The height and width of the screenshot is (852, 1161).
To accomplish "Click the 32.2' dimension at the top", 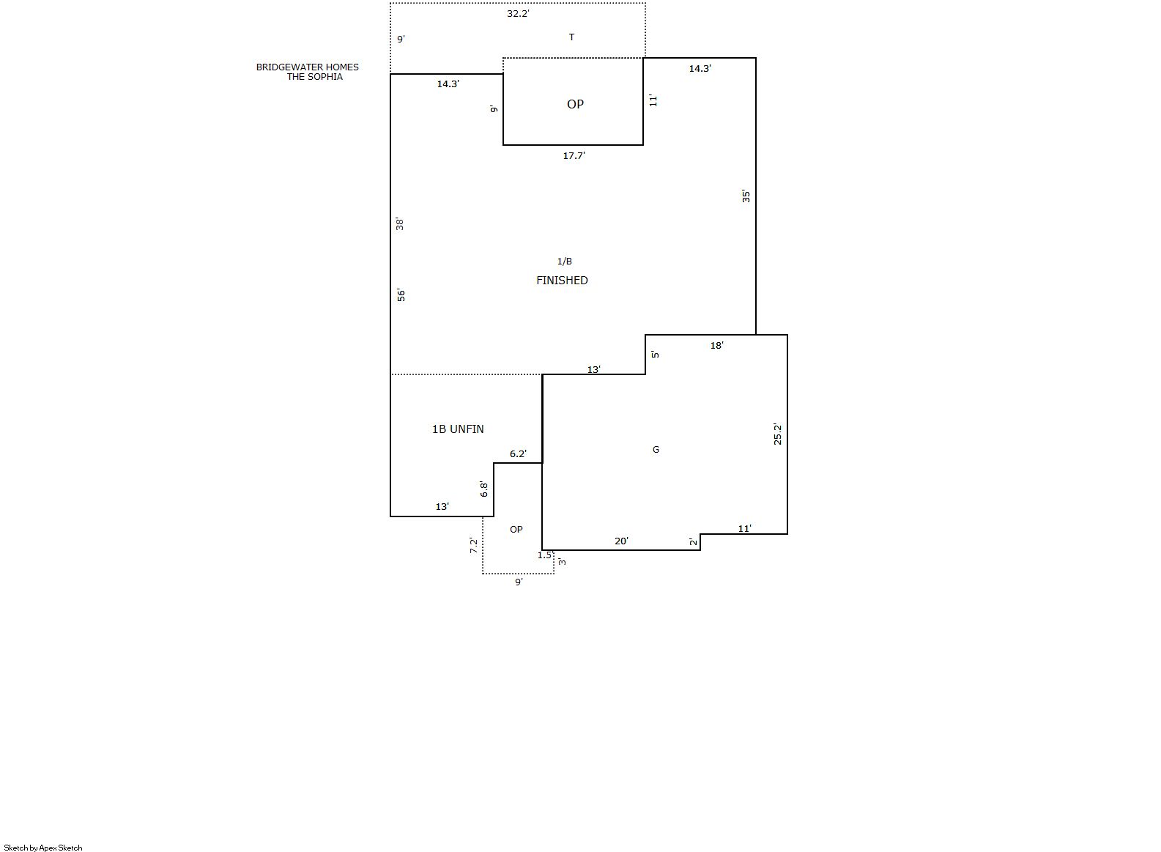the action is pyautogui.click(x=518, y=13).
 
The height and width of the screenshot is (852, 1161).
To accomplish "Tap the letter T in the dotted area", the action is pyautogui.click(x=571, y=37).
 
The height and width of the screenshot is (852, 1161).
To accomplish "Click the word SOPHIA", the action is pyautogui.click(x=325, y=77).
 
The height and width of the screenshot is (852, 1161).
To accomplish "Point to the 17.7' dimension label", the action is pyautogui.click(x=574, y=155).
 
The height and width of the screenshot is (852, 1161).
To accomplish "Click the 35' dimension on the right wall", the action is pyautogui.click(x=746, y=196).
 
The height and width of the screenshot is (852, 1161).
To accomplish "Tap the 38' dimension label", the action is pyautogui.click(x=400, y=224).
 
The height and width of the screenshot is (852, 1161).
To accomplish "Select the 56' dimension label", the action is pyautogui.click(x=401, y=295).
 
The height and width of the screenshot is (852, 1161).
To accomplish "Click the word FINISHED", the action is pyautogui.click(x=562, y=281).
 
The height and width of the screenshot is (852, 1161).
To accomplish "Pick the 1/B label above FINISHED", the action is pyautogui.click(x=565, y=262).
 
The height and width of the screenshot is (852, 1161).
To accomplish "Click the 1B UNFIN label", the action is pyautogui.click(x=458, y=429).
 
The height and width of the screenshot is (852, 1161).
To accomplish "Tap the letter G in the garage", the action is pyautogui.click(x=656, y=449).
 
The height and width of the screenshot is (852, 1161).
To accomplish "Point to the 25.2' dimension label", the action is pyautogui.click(x=777, y=434).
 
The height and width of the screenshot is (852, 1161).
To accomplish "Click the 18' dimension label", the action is pyautogui.click(x=717, y=345).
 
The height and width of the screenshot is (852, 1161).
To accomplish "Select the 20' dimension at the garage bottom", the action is pyautogui.click(x=621, y=541).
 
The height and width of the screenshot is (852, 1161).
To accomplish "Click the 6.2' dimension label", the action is pyautogui.click(x=519, y=454).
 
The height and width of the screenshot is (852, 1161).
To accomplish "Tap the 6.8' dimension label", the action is pyautogui.click(x=483, y=489).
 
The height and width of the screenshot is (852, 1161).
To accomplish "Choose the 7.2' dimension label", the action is pyautogui.click(x=474, y=545).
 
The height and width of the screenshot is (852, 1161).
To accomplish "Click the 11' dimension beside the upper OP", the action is pyautogui.click(x=653, y=100).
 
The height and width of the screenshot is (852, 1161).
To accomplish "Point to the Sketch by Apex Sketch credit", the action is pyautogui.click(x=43, y=848).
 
